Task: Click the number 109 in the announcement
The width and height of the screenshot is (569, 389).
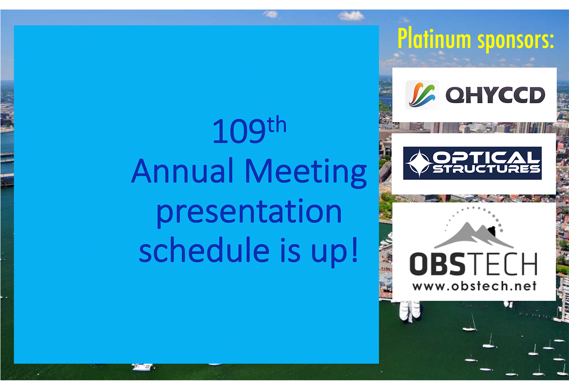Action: (239, 132)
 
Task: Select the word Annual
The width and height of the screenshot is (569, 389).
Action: (182, 170)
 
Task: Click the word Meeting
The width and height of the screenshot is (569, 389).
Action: (306, 173)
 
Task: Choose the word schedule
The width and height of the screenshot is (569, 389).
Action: (204, 249)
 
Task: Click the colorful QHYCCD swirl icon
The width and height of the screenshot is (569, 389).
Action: (422, 95)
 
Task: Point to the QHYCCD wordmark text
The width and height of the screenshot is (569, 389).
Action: (496, 95)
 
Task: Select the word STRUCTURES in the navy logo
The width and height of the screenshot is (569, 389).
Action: (486, 169)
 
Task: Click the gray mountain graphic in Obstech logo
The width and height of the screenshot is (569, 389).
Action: (474, 236)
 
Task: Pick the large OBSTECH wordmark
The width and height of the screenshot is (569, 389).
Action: (473, 264)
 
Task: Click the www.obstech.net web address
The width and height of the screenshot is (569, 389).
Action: (474, 286)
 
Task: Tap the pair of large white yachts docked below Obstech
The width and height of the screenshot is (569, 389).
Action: (410, 311)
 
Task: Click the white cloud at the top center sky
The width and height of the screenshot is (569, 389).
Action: (351, 16)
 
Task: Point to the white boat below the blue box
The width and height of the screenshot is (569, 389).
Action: (143, 367)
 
